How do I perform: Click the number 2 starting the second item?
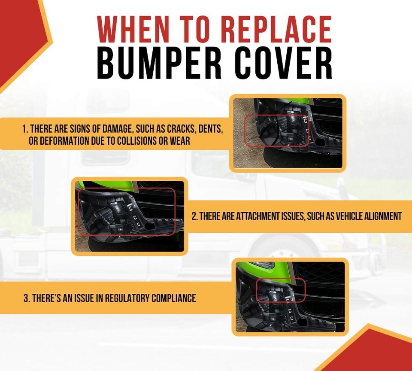tap(194, 216)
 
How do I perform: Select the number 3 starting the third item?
tap(26, 298)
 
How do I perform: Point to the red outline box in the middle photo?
tap(126, 211)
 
